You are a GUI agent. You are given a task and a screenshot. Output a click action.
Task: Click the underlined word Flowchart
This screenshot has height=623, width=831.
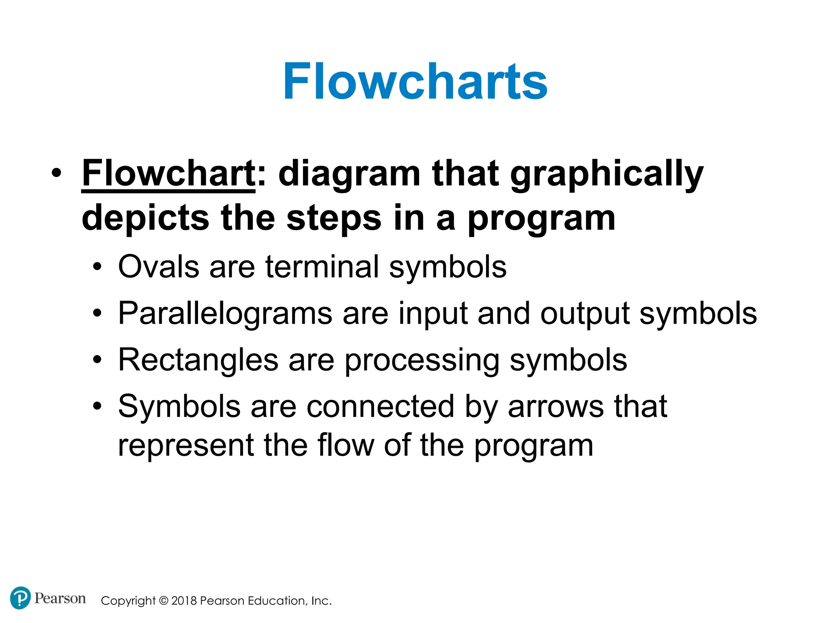click(x=168, y=174)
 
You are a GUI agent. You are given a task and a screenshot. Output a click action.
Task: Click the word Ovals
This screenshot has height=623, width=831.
click(x=159, y=267)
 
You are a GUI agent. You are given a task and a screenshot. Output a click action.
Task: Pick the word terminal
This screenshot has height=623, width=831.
click(x=322, y=267)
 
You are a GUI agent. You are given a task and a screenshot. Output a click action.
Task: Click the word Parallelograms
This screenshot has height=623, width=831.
click(x=225, y=314)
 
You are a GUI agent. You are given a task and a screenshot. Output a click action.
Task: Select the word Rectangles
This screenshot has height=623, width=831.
click(x=198, y=360)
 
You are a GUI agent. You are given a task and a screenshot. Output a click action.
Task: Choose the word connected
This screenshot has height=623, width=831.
click(x=380, y=407)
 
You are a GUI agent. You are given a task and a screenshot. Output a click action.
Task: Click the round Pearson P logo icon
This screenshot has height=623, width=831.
click(x=20, y=598)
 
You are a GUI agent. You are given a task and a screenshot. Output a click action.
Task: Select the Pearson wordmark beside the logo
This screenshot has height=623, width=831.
click(x=60, y=598)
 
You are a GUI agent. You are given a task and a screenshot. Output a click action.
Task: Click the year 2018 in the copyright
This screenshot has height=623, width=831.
click(x=184, y=601)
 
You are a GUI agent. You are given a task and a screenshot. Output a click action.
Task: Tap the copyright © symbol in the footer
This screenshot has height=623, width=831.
click(x=164, y=601)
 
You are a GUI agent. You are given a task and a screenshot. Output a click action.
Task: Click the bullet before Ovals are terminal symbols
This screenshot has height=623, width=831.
click(x=97, y=268)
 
